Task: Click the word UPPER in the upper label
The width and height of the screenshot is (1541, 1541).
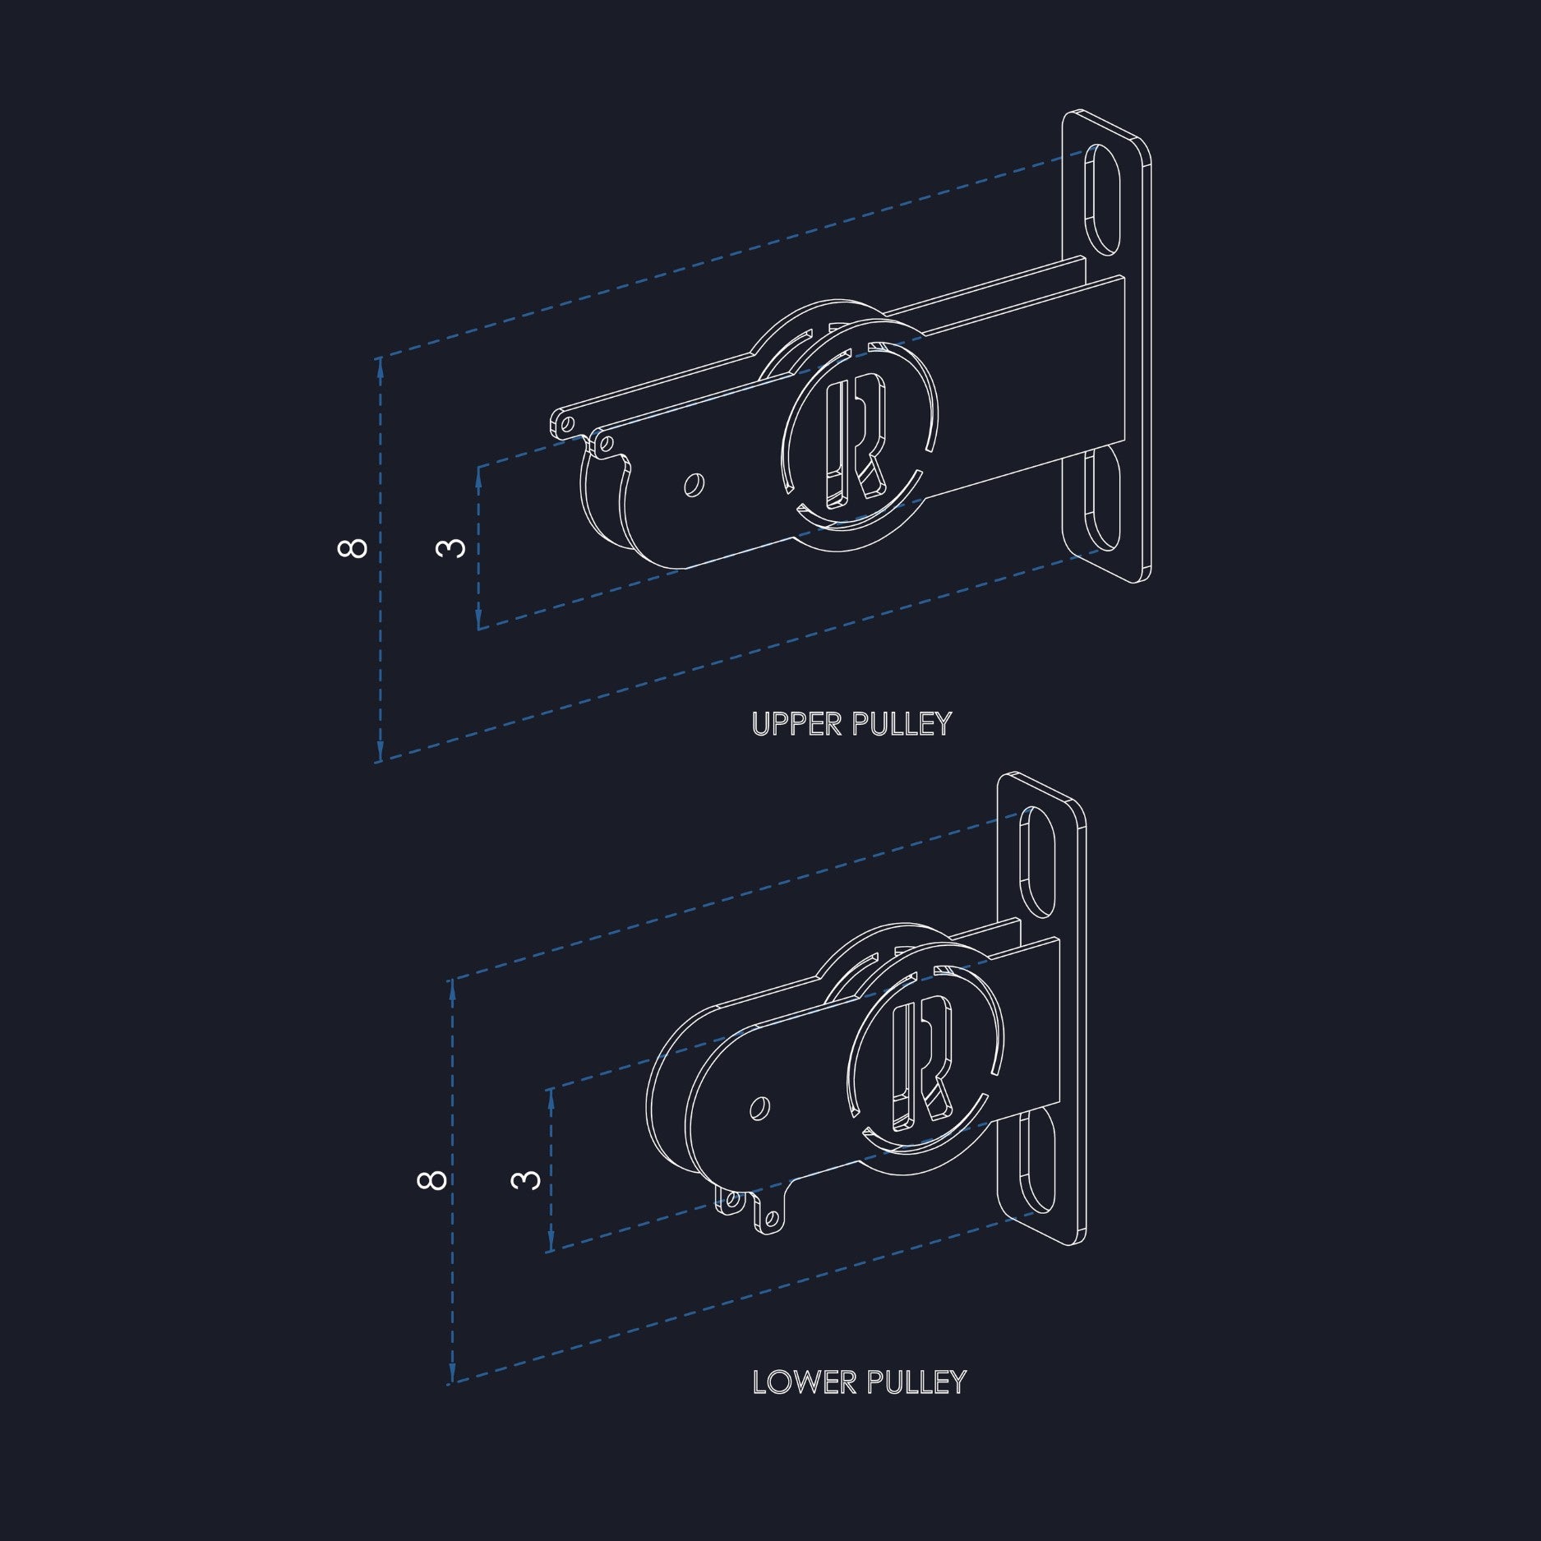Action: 797,724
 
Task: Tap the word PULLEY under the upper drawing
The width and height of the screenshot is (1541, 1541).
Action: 901,724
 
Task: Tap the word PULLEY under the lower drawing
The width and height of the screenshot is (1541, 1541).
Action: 916,1382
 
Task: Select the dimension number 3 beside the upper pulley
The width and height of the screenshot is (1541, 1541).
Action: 450,547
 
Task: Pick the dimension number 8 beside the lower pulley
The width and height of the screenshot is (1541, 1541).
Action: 431,1179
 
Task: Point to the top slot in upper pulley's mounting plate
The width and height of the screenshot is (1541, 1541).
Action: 1103,198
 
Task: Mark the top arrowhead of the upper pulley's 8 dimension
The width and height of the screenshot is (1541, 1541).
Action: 380,369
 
